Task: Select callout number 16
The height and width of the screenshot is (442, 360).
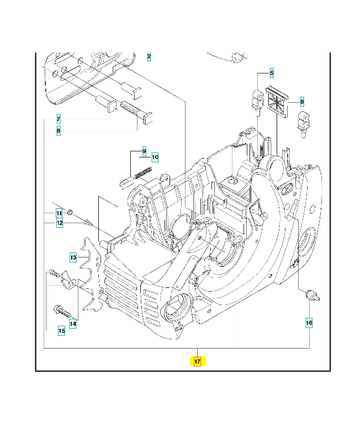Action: (309, 322)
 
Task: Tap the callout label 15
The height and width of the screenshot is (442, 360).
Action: (62, 331)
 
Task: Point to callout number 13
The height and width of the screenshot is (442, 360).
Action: (73, 257)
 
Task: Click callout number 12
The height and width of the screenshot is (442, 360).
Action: (59, 223)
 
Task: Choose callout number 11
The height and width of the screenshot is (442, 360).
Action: (59, 213)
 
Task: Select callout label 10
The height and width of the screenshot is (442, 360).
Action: (155, 157)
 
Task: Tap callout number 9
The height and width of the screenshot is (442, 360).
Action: (144, 151)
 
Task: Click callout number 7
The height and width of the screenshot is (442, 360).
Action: (59, 119)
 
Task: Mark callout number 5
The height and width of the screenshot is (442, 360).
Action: (272, 72)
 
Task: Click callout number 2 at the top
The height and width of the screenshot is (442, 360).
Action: (149, 57)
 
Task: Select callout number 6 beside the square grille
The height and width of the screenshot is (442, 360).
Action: (302, 102)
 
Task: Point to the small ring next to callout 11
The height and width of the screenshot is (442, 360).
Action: (71, 212)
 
